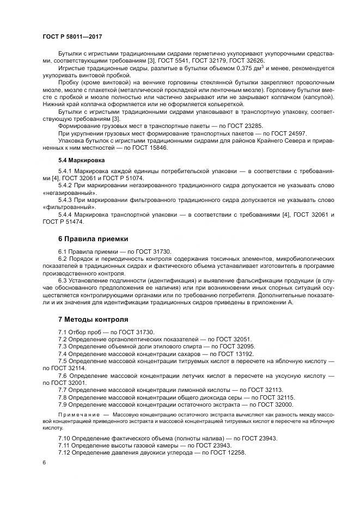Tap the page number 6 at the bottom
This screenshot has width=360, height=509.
[x=44, y=462]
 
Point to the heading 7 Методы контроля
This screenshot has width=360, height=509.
[x=93, y=319]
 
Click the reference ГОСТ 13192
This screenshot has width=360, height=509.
[x=231, y=354]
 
